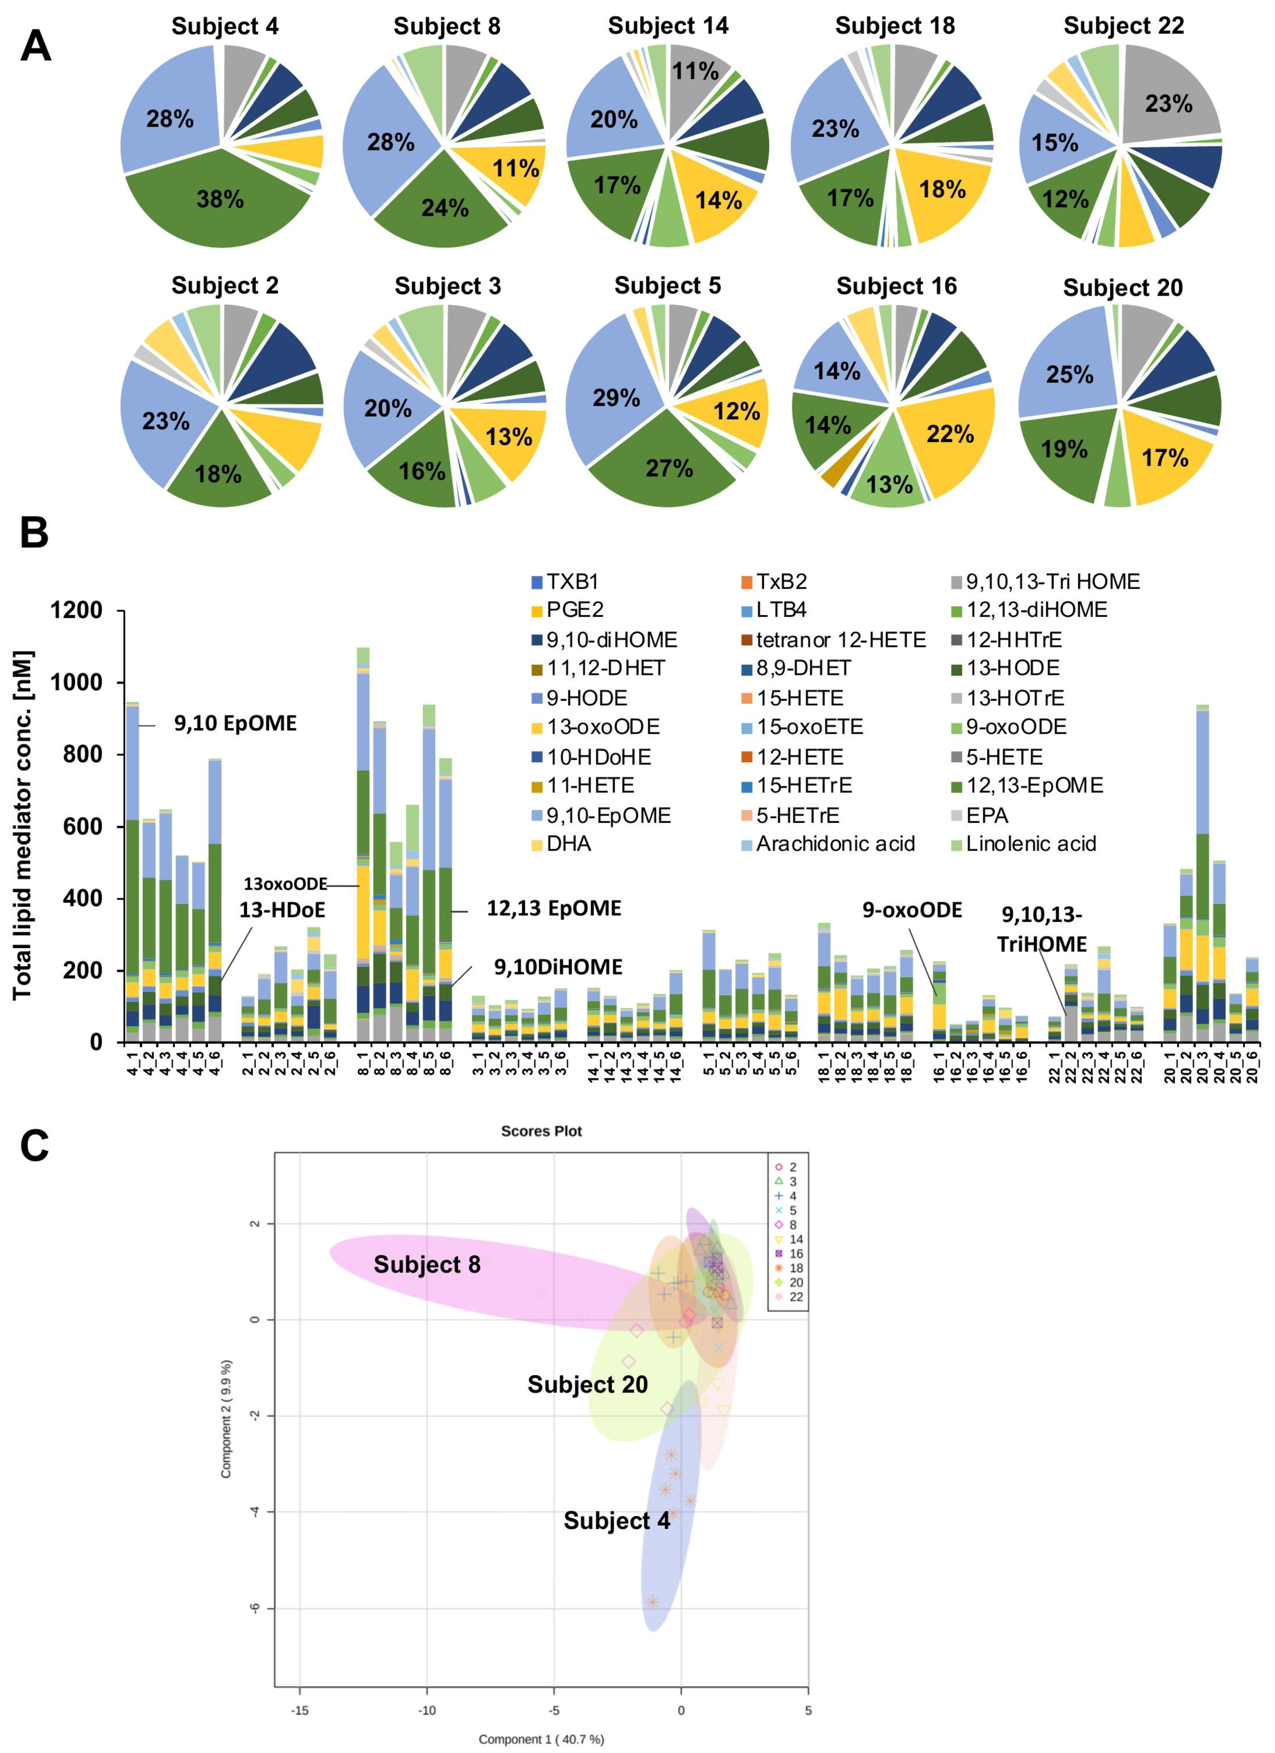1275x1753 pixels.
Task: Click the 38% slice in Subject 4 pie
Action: [x=220, y=199]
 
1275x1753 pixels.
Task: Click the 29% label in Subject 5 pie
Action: [x=616, y=398]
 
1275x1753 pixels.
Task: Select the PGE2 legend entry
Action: [x=568, y=610]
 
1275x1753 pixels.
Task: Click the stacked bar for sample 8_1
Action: [x=363, y=850]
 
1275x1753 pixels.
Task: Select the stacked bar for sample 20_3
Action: [x=1202, y=874]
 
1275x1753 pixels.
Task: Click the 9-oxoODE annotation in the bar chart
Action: [x=912, y=910]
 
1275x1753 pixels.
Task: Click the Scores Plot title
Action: [x=541, y=1131]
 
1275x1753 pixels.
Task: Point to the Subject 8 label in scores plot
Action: [x=427, y=1265]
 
